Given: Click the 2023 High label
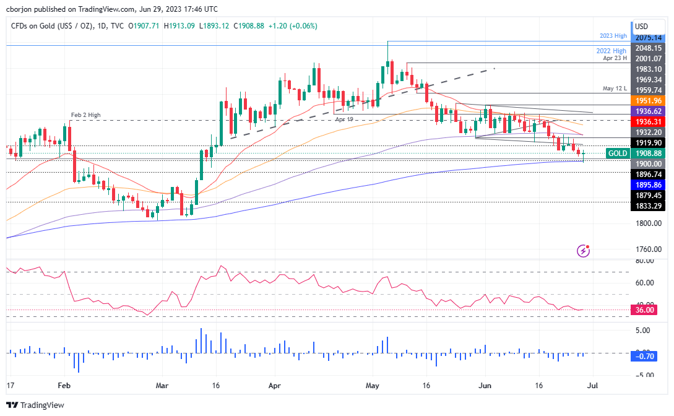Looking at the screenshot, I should click(615, 36).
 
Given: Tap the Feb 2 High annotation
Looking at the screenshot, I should click(85, 115).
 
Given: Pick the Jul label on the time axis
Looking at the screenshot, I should click(592, 384).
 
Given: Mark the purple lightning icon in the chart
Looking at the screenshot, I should click(583, 251).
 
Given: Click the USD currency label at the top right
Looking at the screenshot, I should click(641, 27).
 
